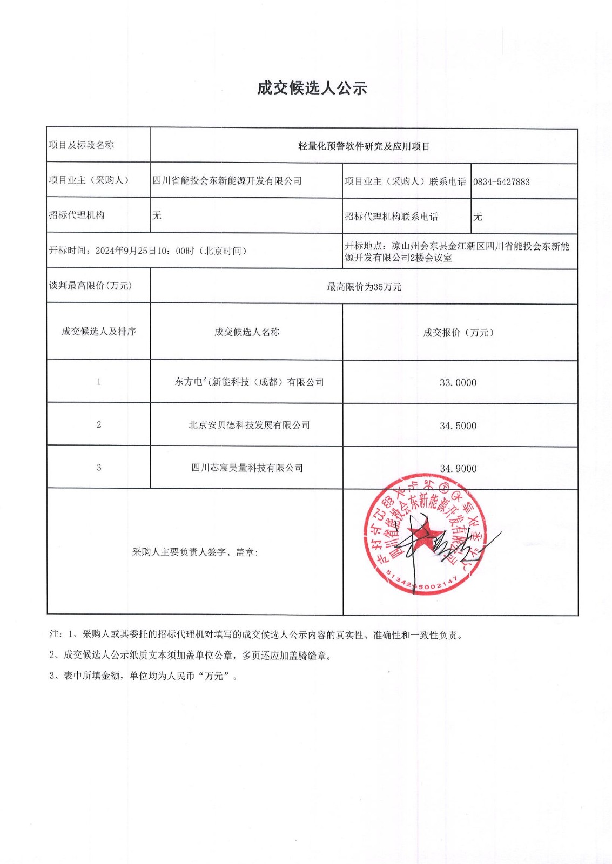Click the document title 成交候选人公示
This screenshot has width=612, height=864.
tap(312, 88)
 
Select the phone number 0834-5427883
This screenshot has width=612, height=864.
tap(501, 182)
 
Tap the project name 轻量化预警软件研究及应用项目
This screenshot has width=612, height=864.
tap(364, 146)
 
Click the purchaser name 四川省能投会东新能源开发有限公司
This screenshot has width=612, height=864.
tap(227, 181)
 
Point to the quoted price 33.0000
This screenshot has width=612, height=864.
tap(458, 383)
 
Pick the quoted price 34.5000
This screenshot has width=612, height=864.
tap(458, 426)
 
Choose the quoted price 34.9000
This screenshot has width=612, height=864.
tap(458, 469)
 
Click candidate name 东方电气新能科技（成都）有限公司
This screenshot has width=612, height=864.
tap(249, 382)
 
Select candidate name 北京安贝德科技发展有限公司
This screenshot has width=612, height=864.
tap(249, 426)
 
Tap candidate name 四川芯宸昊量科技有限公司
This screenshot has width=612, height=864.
tap(247, 468)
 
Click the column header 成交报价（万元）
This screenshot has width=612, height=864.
tap(458, 333)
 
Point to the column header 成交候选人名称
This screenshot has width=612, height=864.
tap(247, 332)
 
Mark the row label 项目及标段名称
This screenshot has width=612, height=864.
tap(82, 145)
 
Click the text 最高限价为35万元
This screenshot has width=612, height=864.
tap(364, 287)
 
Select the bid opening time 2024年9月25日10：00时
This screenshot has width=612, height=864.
tap(144, 251)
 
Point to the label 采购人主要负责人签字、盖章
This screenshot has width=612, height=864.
tap(195, 552)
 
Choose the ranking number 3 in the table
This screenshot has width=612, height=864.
tap(99, 468)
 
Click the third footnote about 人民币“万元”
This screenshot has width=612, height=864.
tap(144, 676)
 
